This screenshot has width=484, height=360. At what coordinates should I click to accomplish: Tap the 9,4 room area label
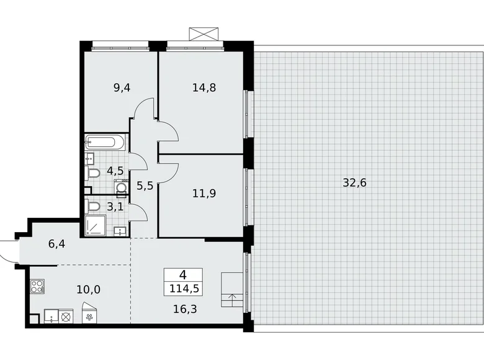pyautogui.click(x=122, y=88)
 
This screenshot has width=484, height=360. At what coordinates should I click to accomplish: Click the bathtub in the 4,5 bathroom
pyautogui.click(x=105, y=142)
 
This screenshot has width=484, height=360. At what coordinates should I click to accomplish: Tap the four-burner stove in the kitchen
pyautogui.click(x=37, y=287)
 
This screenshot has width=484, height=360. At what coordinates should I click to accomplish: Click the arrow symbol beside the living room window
pyautogui.click(x=233, y=297)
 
